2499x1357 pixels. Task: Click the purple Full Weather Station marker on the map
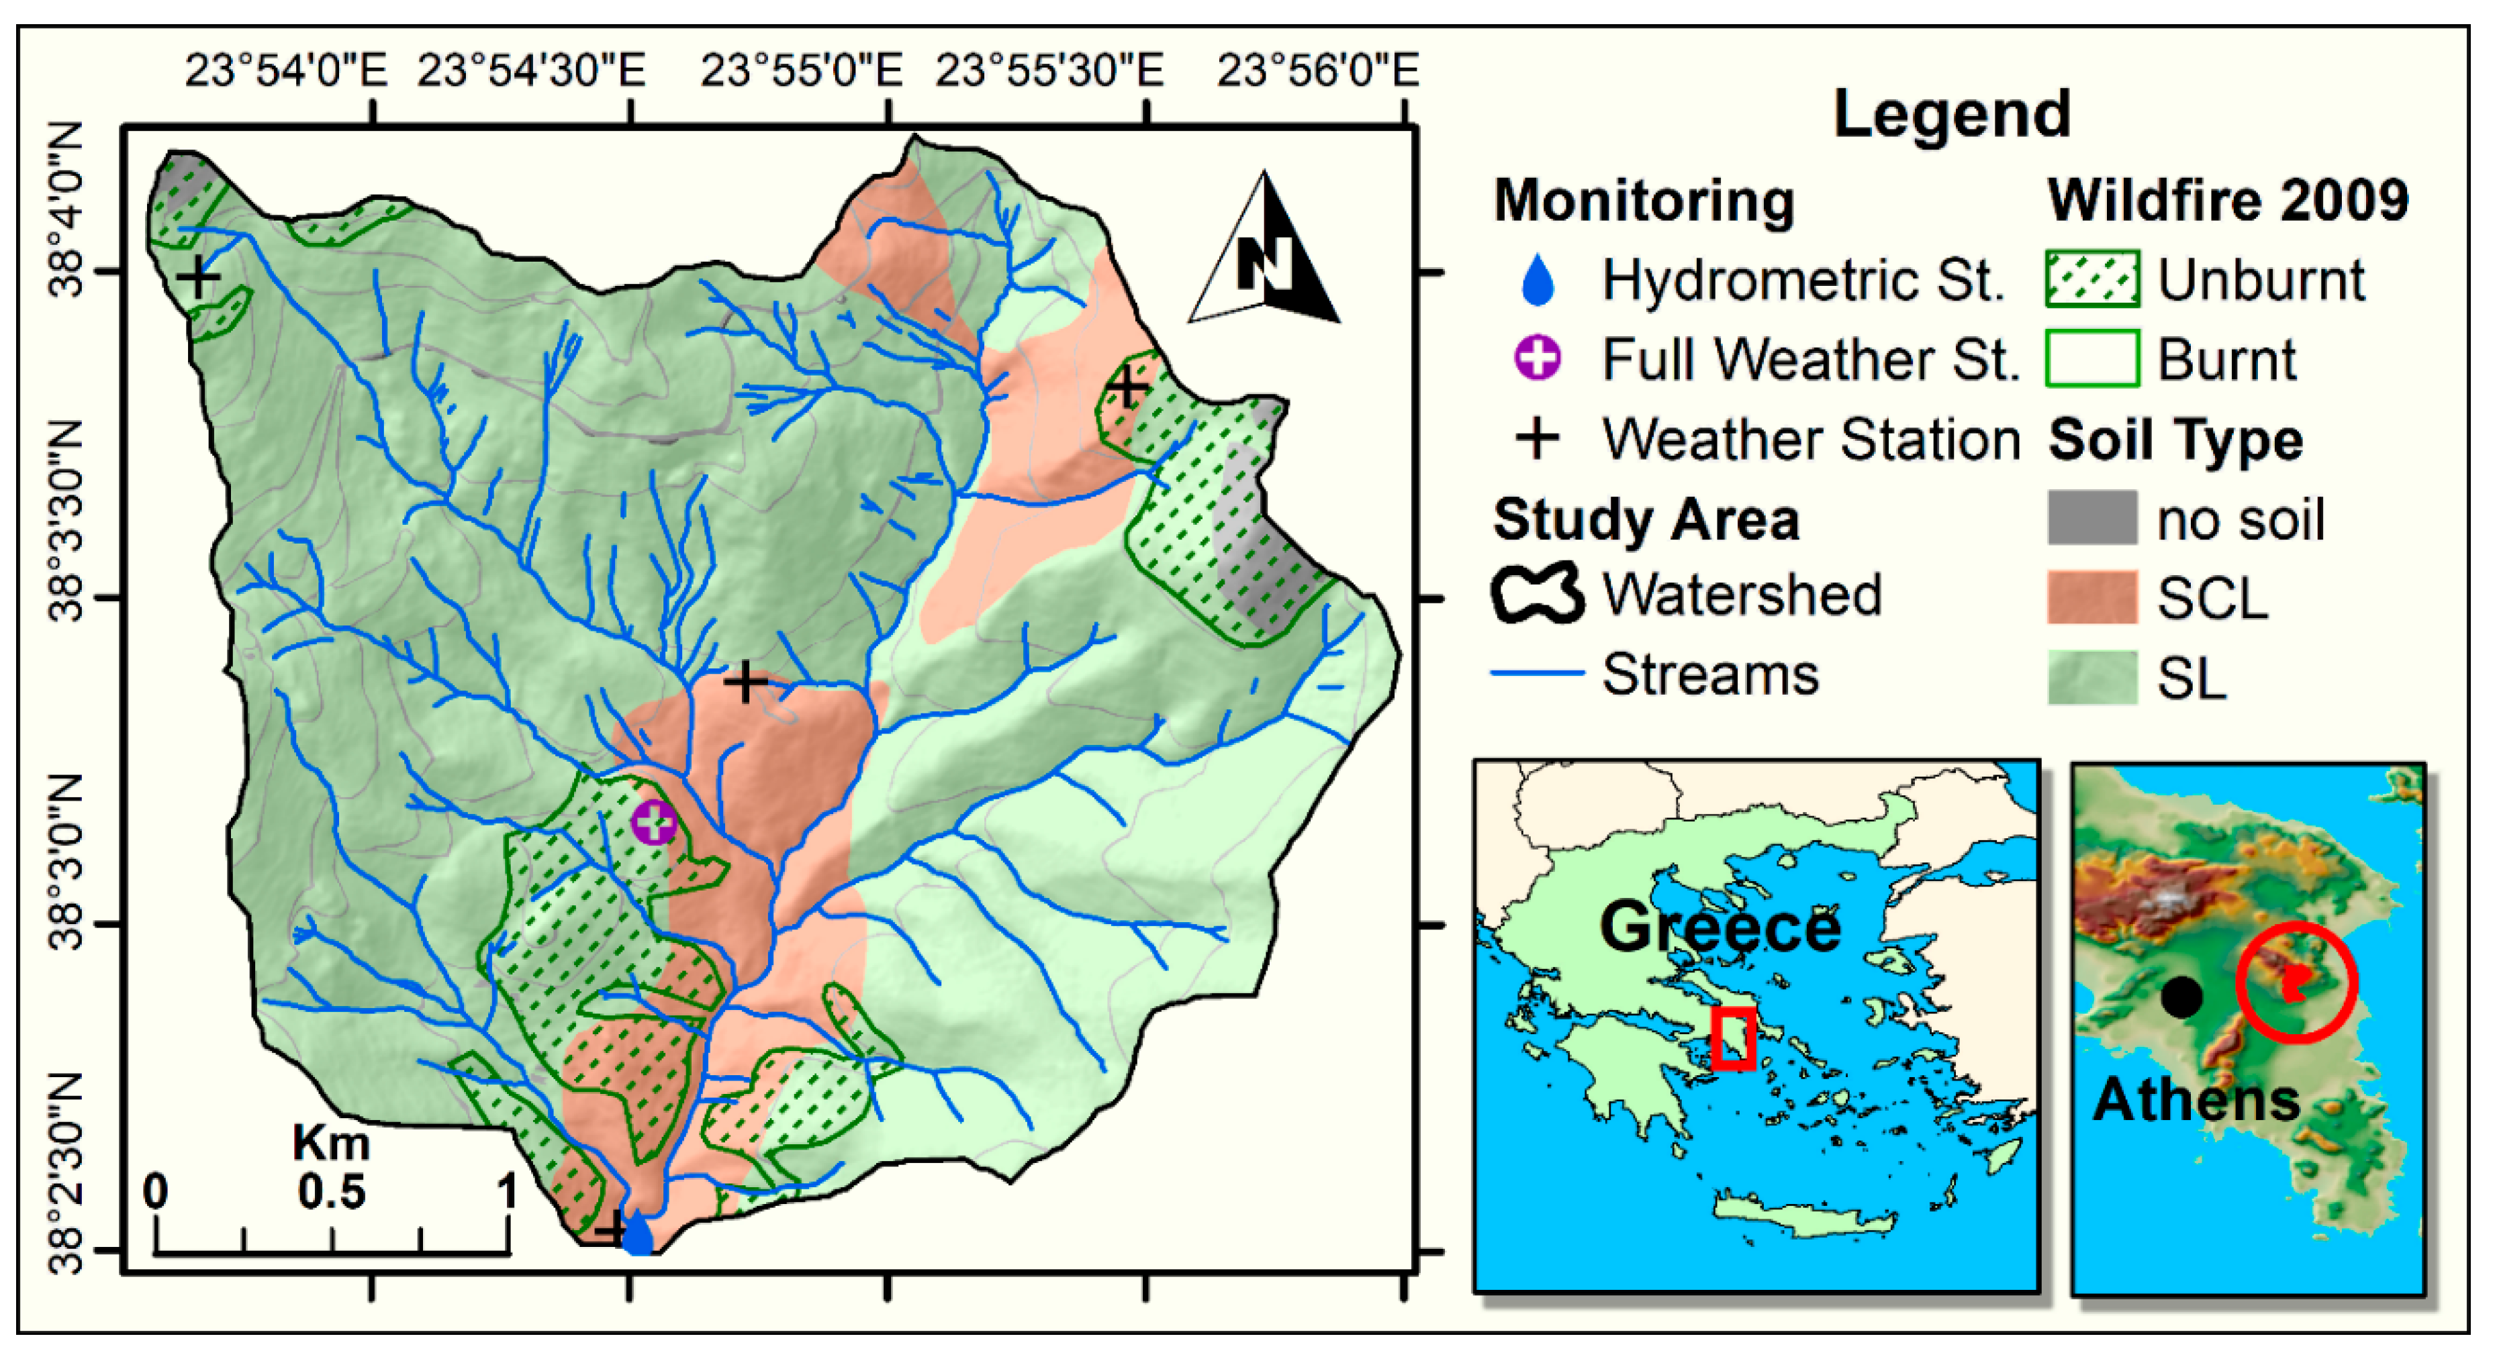(654, 823)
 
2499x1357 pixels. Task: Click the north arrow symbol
(1265, 254)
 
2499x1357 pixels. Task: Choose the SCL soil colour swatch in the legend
(2091, 597)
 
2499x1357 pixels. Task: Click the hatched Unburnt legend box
(2091, 279)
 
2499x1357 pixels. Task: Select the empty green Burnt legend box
(2091, 359)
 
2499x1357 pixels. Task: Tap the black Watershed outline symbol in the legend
(1538, 594)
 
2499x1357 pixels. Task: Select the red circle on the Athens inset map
(2296, 983)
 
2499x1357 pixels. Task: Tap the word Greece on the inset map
(1719, 927)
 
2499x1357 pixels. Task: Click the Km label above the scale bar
(331, 1143)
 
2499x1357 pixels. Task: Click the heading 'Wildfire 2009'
(2227, 201)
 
